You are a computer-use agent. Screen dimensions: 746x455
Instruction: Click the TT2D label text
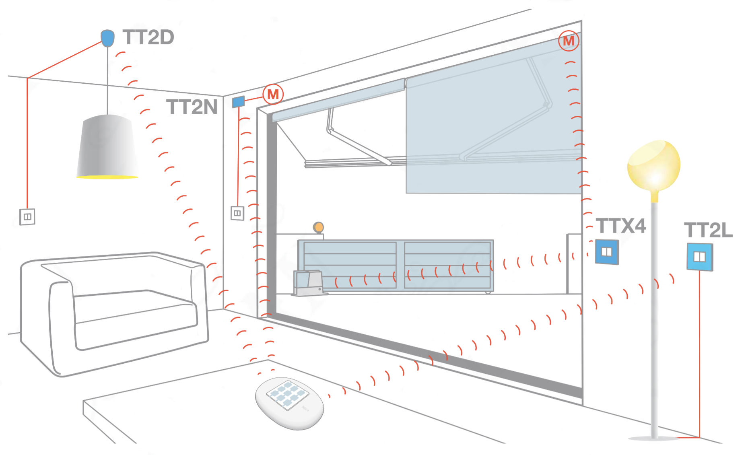coord(148,37)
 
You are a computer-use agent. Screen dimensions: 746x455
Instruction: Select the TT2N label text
coord(192,107)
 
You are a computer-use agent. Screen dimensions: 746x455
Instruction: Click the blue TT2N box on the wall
coord(238,102)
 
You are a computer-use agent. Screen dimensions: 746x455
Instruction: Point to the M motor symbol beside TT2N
coord(273,95)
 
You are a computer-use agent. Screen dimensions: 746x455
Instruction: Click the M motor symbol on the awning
coord(569,41)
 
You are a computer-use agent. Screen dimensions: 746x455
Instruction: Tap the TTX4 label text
coord(621,226)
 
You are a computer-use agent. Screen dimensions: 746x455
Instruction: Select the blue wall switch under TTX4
coord(607,252)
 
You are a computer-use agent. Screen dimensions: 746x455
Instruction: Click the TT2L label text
coord(708,231)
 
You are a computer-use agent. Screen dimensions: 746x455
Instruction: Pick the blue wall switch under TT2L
coord(700,257)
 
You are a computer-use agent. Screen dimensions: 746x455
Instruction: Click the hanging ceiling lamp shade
coord(107,147)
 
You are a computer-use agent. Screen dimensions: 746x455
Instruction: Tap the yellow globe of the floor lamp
coord(654,165)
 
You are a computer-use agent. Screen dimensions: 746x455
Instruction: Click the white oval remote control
coord(289,403)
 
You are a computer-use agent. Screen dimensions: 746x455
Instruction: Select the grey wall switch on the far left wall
coord(27,217)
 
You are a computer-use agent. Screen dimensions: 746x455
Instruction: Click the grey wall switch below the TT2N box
coord(237,213)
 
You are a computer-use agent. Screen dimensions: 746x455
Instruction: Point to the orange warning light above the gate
coord(319,228)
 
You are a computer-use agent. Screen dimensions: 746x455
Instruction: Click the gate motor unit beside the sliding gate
coord(309,283)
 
